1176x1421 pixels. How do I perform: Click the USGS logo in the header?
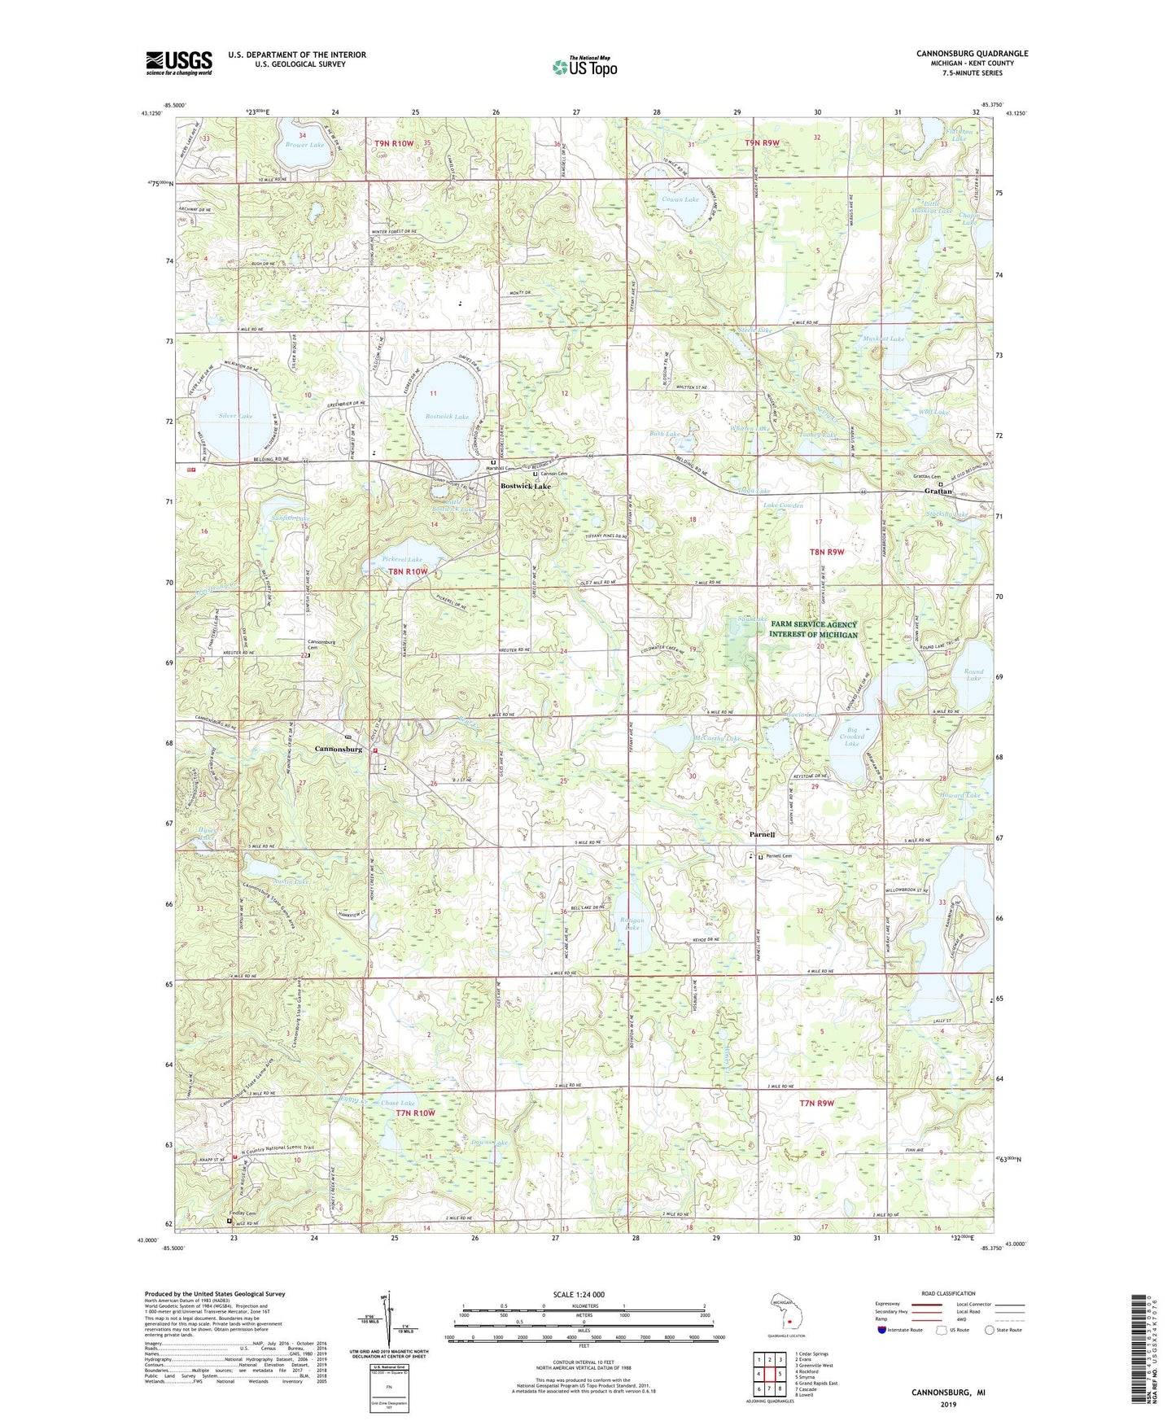coord(179,63)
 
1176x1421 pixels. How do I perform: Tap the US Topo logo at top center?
coord(584,67)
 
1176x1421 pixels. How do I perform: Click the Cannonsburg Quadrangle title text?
coord(972,54)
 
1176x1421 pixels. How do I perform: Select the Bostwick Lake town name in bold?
coord(525,486)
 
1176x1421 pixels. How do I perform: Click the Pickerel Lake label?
coord(402,560)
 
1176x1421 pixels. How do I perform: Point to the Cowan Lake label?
coord(680,199)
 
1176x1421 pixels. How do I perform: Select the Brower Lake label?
coord(304,145)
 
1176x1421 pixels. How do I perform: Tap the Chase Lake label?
coord(397,1103)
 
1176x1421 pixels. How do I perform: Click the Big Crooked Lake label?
coord(851,737)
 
